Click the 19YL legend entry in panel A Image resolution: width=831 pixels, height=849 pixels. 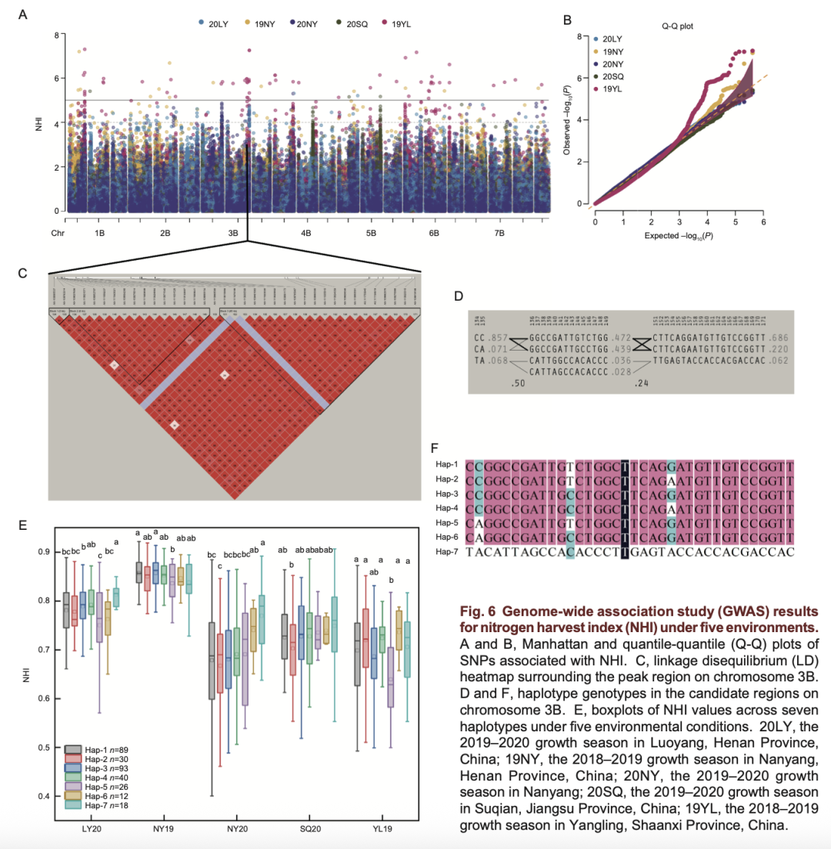click(x=401, y=24)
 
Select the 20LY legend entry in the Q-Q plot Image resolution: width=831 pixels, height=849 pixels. click(x=612, y=38)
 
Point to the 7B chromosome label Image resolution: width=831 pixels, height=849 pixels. click(x=499, y=232)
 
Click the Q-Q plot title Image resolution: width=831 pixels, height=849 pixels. click(x=678, y=25)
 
